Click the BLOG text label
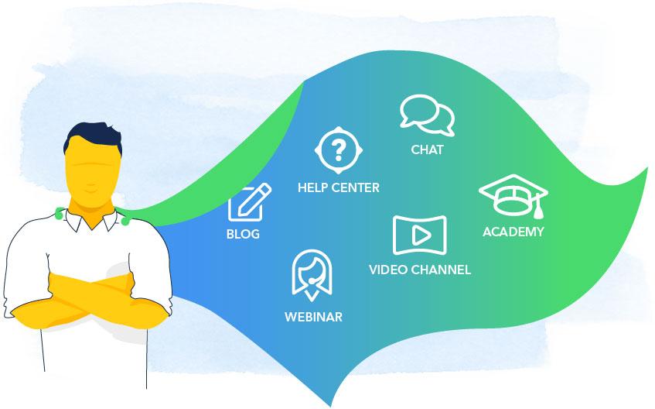click(243, 234)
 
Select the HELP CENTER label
click(339, 187)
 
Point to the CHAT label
click(427, 150)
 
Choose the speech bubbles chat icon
click(427, 115)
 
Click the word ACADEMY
click(513, 232)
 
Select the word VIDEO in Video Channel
click(388, 270)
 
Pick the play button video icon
click(419, 235)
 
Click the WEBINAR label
click(313, 317)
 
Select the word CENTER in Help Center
click(356, 187)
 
